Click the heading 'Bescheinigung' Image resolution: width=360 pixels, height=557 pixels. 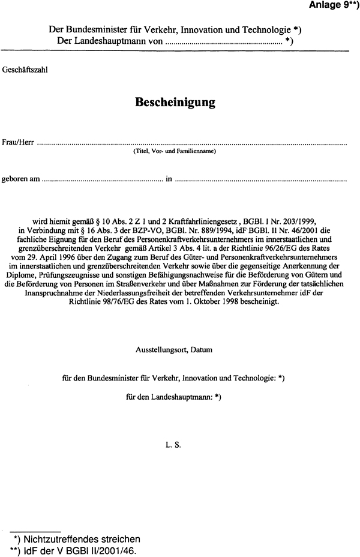(x=175, y=102)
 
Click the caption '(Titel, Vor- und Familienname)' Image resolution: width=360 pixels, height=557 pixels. (x=175, y=153)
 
